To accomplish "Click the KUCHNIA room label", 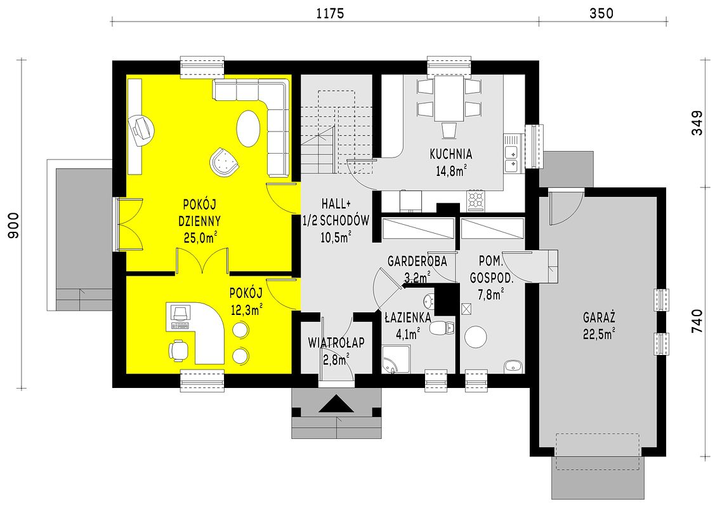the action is tap(450, 154).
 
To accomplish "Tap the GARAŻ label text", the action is tap(599, 317).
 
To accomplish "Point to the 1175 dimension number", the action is tap(330, 14).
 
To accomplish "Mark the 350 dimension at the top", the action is tap(601, 14).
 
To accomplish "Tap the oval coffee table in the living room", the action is tap(249, 129).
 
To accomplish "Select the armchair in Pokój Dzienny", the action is tap(224, 161).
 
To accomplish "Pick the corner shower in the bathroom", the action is tap(395, 359).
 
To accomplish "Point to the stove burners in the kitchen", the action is tap(476, 201).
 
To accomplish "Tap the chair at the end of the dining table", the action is tap(449, 130).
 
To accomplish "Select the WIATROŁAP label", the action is tap(336, 342).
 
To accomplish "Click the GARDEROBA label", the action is tap(417, 262).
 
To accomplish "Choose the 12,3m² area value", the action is tap(247, 311).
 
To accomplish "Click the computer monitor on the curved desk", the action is tap(180, 312).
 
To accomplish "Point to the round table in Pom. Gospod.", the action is tap(476, 337).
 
